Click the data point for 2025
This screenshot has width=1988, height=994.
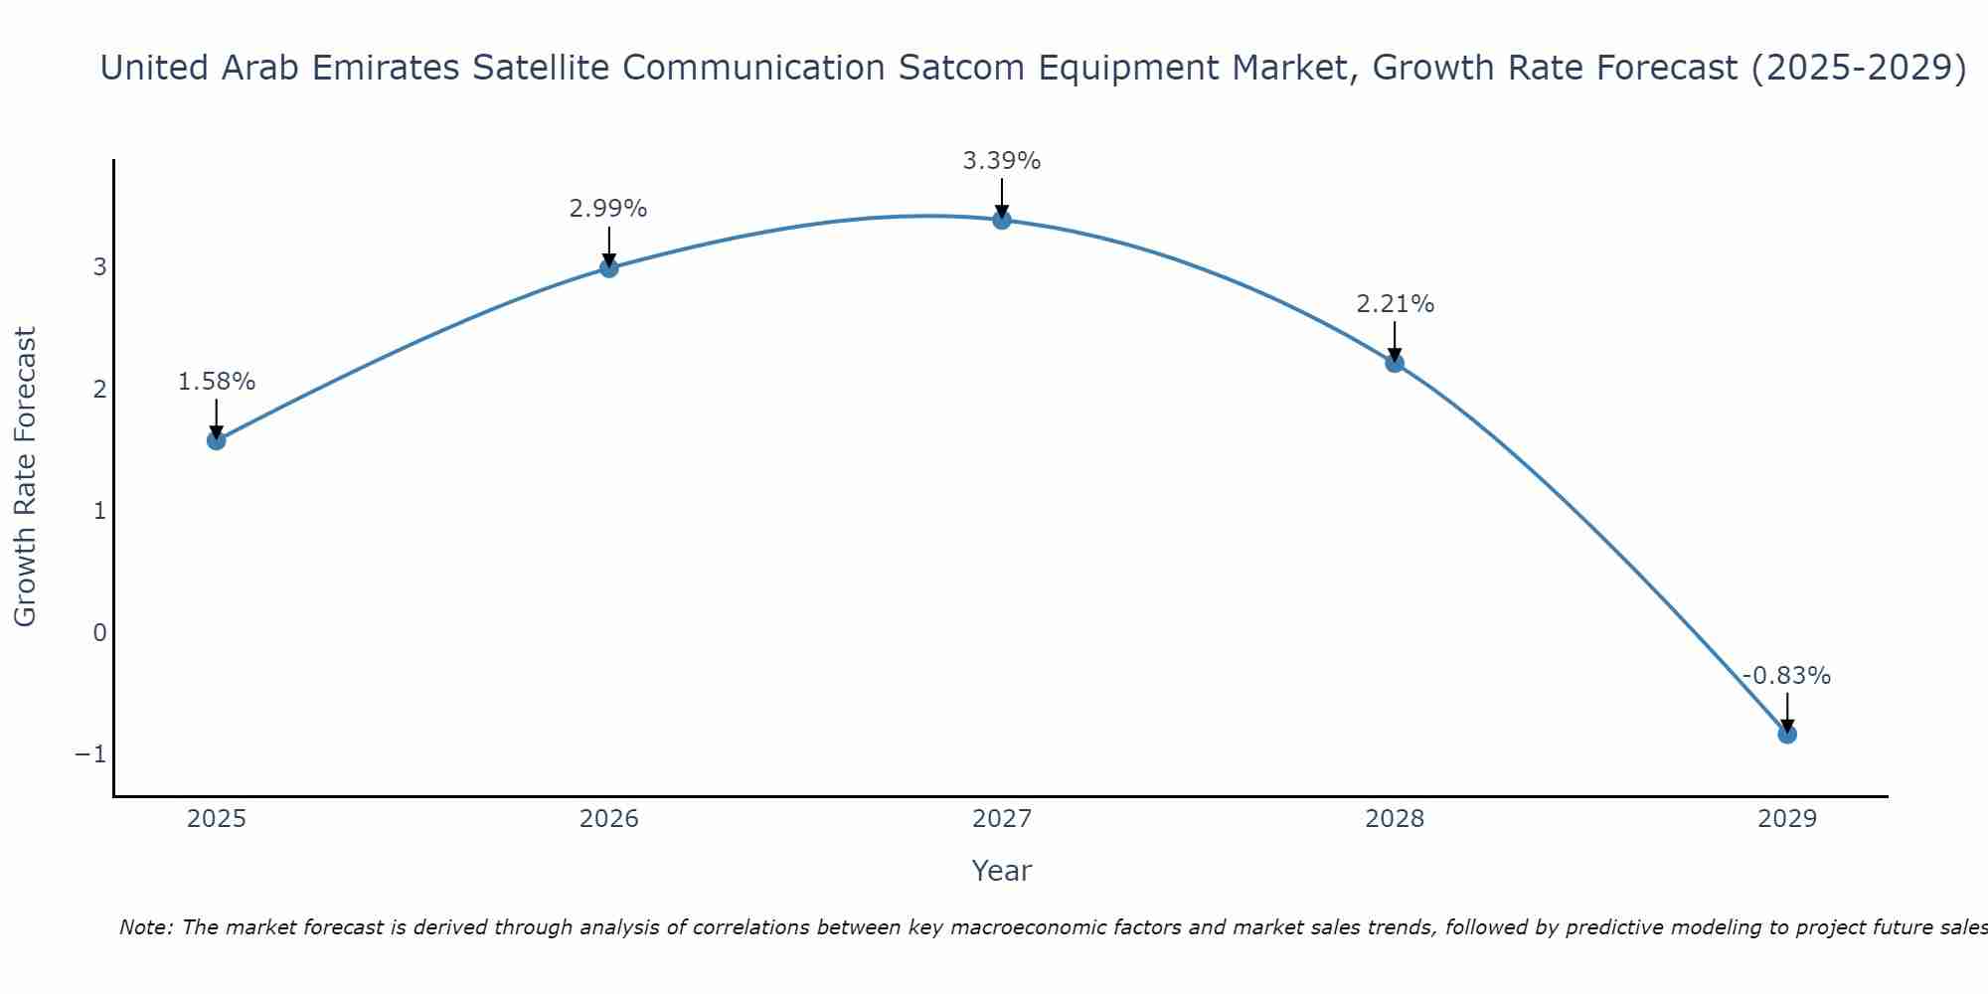pyautogui.click(x=217, y=440)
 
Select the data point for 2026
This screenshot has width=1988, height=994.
pyautogui.click(x=609, y=267)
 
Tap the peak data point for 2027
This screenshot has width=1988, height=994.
pyautogui.click(x=1002, y=220)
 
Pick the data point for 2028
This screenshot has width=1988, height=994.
pyautogui.click(x=1395, y=363)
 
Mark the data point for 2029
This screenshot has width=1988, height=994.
pyautogui.click(x=1787, y=735)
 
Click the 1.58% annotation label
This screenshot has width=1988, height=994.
pyautogui.click(x=217, y=382)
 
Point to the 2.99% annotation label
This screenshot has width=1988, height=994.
pyautogui.click(x=608, y=209)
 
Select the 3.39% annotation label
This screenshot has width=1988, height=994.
pyautogui.click(x=1002, y=161)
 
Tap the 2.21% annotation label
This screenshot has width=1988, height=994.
pyautogui.click(x=1395, y=304)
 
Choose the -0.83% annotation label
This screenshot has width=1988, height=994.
pyautogui.click(x=1786, y=676)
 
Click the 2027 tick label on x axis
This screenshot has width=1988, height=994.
pyautogui.click(x=1002, y=819)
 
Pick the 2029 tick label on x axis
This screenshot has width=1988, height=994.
pyautogui.click(x=1787, y=819)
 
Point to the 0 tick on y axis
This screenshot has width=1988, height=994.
pyautogui.click(x=99, y=632)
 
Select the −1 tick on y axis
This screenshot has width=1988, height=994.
pyautogui.click(x=90, y=754)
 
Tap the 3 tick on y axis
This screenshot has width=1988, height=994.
pyautogui.click(x=99, y=266)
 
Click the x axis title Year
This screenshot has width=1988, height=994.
pyautogui.click(x=1002, y=871)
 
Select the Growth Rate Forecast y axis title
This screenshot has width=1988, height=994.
pyautogui.click(x=25, y=476)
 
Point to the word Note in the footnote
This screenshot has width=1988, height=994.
pyautogui.click(x=146, y=927)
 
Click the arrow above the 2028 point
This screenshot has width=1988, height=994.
pyautogui.click(x=1395, y=341)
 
